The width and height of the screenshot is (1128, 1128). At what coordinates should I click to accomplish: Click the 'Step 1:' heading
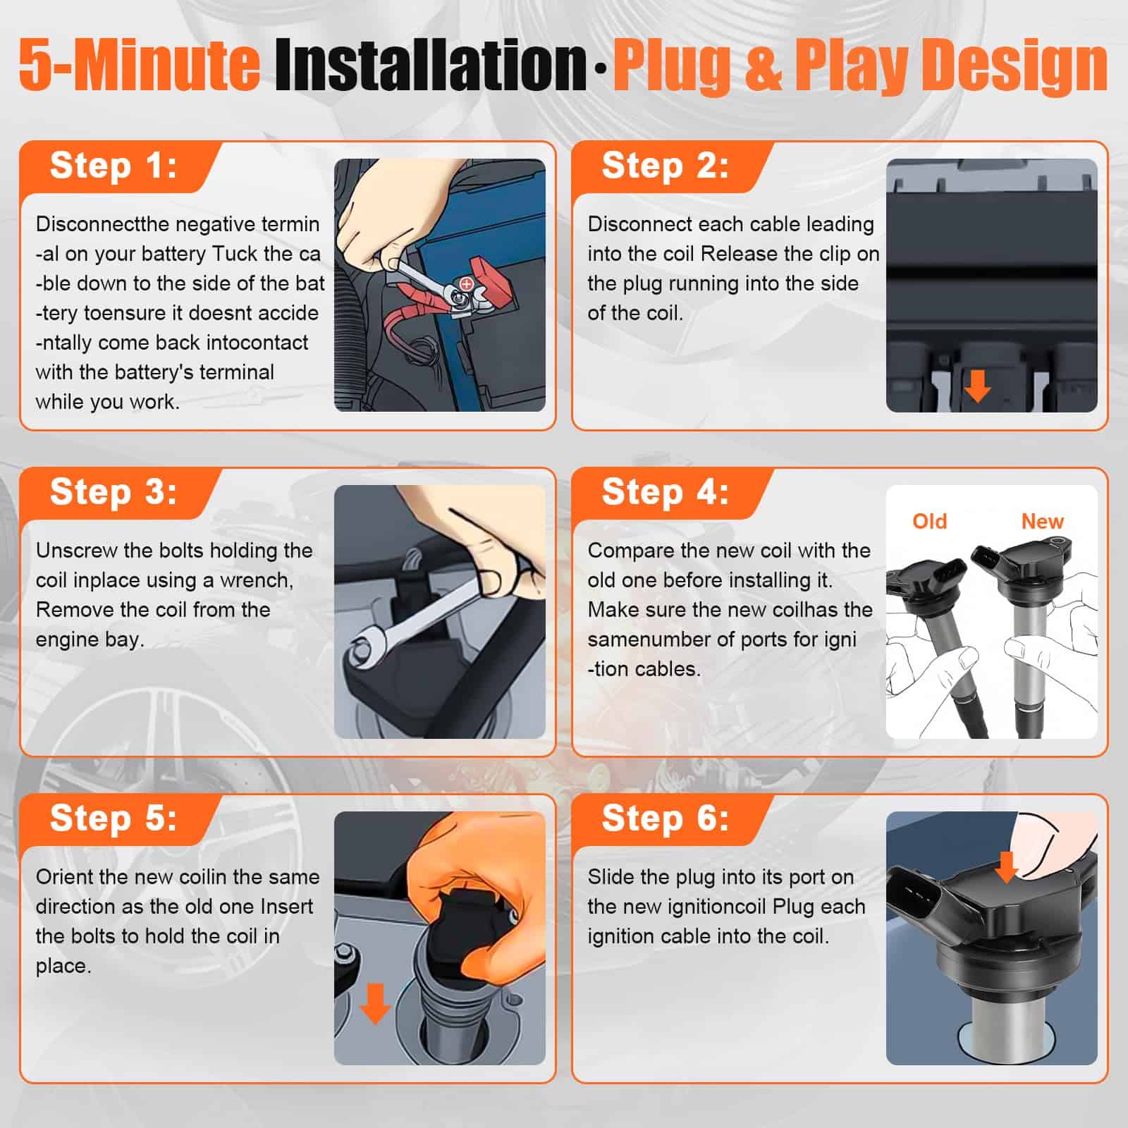[113, 166]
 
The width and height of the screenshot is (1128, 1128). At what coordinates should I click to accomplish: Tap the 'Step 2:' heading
[665, 166]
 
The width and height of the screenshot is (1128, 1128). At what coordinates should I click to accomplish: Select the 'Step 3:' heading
[113, 492]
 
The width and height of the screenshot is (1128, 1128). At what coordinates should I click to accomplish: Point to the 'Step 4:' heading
[665, 492]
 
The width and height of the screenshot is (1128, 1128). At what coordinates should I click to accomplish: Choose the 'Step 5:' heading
[113, 819]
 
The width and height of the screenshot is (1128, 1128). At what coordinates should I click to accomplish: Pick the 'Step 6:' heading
[665, 819]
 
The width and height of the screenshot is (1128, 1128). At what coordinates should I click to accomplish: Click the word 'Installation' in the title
[430, 65]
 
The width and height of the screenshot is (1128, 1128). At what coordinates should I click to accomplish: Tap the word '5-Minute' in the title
[140, 65]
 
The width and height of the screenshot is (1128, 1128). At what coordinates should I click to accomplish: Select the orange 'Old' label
[929, 522]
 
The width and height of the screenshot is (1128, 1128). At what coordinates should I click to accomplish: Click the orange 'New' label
[1042, 522]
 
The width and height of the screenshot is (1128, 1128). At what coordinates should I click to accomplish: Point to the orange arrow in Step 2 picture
[977, 386]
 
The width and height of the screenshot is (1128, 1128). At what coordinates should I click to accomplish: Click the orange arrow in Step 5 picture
[375, 1004]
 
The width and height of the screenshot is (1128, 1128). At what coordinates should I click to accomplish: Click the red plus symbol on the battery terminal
[466, 283]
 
